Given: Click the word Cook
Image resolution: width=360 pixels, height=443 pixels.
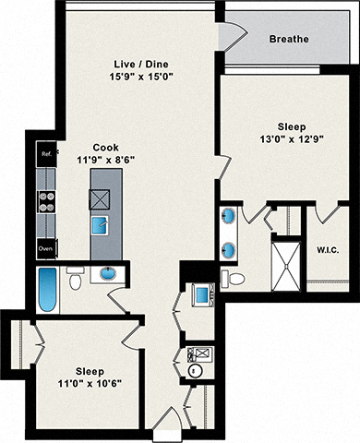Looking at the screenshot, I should (104, 146).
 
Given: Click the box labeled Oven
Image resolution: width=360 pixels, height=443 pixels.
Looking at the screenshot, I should (45, 248).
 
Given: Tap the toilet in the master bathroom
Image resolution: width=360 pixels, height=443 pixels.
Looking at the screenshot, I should (236, 278).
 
